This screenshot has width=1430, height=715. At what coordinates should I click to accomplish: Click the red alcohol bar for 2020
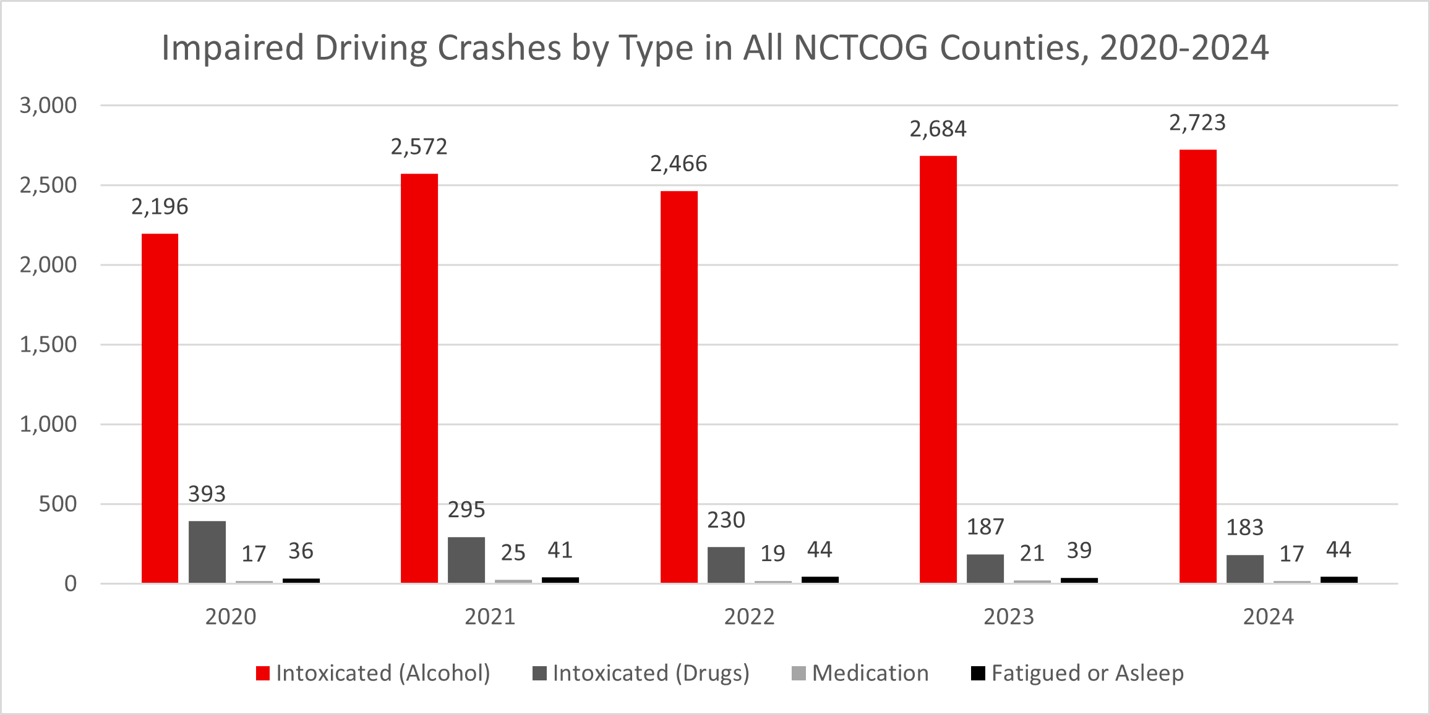[160, 408]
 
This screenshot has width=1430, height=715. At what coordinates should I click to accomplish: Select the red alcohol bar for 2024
[1197, 366]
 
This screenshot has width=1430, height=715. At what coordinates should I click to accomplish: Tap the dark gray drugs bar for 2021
[466, 560]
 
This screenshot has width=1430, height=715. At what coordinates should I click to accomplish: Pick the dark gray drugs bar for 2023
[985, 569]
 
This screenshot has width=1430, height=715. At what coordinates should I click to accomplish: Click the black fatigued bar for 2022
[820, 580]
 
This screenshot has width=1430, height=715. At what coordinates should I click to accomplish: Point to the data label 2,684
[938, 129]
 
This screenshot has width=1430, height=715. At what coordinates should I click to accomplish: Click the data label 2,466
[678, 164]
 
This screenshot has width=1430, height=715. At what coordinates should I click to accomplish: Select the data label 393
[207, 494]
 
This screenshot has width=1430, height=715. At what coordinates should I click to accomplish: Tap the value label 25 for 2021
[513, 552]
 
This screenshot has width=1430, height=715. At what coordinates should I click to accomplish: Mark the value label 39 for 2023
[1079, 550]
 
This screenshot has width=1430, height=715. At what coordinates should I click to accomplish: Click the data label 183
[1244, 527]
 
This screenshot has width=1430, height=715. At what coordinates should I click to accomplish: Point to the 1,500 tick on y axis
[48, 344]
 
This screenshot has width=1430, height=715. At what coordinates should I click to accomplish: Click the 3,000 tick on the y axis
[48, 105]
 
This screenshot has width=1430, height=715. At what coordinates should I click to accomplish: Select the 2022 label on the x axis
[749, 617]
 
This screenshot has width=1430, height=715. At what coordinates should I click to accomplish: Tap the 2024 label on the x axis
[1268, 617]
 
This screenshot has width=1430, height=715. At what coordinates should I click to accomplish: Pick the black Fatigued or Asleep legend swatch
[978, 673]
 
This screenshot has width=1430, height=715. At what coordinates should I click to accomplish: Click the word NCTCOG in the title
[860, 48]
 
